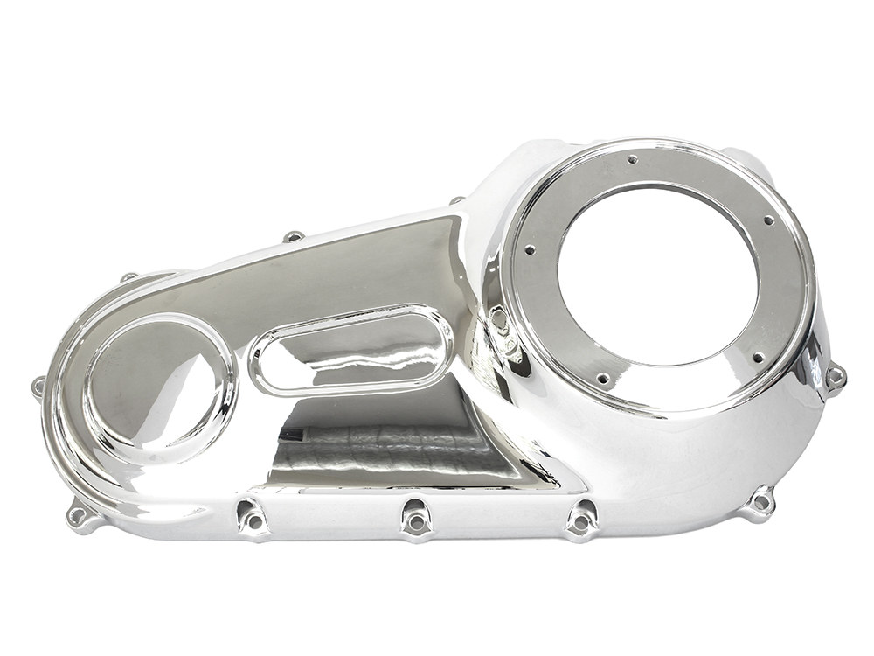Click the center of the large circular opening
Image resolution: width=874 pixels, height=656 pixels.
pos(657,276)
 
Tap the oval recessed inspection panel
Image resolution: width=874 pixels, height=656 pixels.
pos(350,349)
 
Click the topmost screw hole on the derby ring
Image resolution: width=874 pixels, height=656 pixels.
pos(632,159)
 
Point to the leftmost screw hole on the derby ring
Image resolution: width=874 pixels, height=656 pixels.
pos(530,249)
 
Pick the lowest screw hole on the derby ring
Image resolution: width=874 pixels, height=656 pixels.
pos(602,378)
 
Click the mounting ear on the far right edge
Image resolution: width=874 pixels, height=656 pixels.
pos(836,377)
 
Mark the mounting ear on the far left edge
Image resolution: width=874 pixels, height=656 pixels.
pos(38,384)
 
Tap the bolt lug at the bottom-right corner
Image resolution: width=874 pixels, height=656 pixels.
pos(762,502)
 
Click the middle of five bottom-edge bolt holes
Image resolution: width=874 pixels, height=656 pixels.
pos(415,522)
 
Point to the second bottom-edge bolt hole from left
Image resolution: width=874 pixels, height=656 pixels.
pos(253,520)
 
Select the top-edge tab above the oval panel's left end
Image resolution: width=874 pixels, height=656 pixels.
pos(294,236)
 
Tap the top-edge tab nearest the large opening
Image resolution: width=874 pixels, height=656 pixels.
pos(456,200)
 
